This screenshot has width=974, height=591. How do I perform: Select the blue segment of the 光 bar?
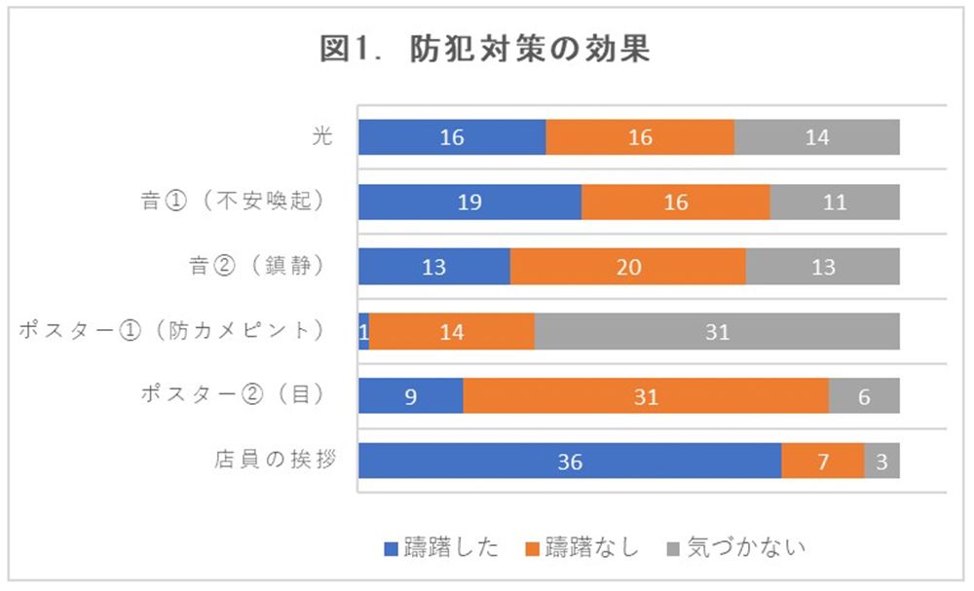click(452, 137)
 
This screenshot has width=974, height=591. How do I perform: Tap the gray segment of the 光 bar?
click(816, 137)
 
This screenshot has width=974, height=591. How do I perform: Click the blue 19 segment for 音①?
click(469, 203)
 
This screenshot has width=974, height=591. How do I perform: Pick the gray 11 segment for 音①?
click(834, 203)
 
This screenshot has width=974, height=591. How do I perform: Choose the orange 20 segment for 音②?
click(628, 267)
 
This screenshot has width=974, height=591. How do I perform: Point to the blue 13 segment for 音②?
click(434, 267)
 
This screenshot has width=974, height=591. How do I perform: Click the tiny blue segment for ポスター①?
click(363, 332)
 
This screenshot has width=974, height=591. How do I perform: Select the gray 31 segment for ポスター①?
click(717, 332)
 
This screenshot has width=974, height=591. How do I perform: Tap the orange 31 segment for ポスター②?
click(646, 396)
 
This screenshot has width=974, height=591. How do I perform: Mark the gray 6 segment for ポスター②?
click(864, 396)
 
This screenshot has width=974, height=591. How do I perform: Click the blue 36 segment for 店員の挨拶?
click(570, 462)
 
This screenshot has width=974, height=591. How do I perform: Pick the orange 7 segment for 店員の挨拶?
click(823, 462)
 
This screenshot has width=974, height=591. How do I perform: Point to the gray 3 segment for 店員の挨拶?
click(881, 462)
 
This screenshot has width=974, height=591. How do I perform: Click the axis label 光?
click(322, 136)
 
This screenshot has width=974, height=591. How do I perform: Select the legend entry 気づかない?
click(735, 547)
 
